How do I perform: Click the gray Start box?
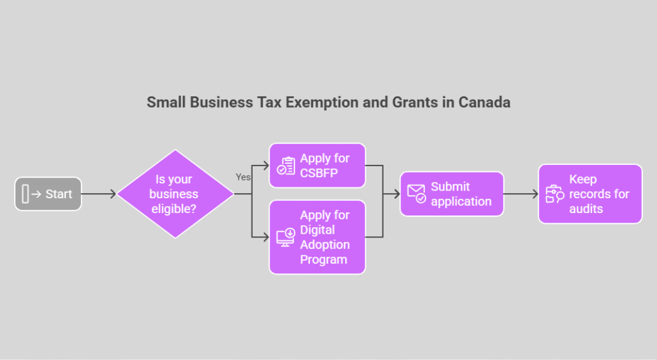click(48, 194)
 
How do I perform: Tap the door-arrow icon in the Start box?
click(31, 194)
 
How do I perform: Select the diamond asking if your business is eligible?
click(175, 194)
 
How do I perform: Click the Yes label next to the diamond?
click(243, 177)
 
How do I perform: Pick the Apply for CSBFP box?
click(317, 166)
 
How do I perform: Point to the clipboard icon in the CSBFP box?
click(286, 166)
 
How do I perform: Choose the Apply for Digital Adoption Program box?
click(317, 237)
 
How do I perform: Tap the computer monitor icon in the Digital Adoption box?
click(286, 237)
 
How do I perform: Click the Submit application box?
click(452, 194)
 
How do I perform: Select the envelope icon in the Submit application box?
click(416, 194)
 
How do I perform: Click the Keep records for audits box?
click(590, 194)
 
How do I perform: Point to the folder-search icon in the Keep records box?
click(555, 194)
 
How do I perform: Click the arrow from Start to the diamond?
click(99, 194)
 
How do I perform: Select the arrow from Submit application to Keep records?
click(521, 194)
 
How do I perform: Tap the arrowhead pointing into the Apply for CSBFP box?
click(266, 166)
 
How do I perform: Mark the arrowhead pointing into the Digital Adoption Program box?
click(266, 237)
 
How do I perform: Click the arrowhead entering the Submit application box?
click(397, 194)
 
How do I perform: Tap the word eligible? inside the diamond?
click(174, 209)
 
